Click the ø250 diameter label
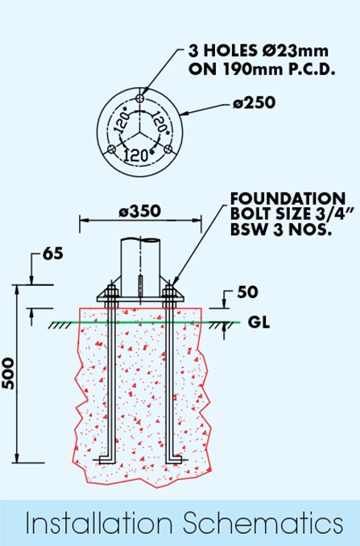click(x=254, y=103)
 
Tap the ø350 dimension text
click(x=139, y=211)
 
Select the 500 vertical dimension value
click(x=8, y=374)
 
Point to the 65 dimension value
click(x=53, y=254)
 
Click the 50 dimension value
click(x=247, y=292)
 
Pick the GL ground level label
click(x=259, y=322)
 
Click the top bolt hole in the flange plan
click(x=139, y=98)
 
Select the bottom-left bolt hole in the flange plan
click(x=111, y=149)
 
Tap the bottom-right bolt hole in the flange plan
click(x=168, y=149)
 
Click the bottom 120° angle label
click(x=139, y=155)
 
